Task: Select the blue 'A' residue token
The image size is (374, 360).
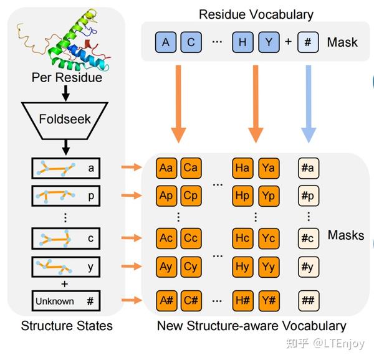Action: (x=166, y=42)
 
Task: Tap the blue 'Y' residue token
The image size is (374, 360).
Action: (x=269, y=42)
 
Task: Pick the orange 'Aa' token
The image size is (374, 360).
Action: (x=166, y=168)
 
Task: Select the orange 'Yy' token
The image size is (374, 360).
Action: (x=269, y=267)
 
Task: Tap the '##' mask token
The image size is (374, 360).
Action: (x=309, y=300)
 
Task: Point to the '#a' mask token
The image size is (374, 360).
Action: (x=309, y=168)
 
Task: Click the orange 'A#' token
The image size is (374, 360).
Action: (x=166, y=300)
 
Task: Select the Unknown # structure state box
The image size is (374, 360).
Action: (x=66, y=301)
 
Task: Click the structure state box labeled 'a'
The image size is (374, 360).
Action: (x=66, y=168)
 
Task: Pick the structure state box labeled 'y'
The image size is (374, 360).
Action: (x=66, y=266)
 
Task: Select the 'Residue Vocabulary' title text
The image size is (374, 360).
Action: (x=256, y=14)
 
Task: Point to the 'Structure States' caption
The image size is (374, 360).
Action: (x=67, y=326)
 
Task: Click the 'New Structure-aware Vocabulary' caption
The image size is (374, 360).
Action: (x=251, y=326)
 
